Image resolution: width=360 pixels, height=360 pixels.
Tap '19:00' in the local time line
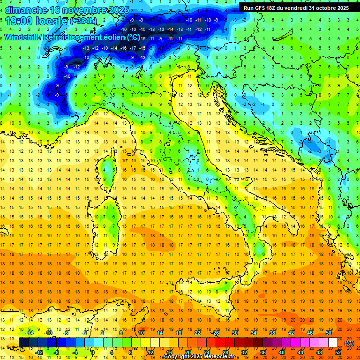[19, 21]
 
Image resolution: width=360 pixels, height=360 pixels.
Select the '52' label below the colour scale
[337, 352]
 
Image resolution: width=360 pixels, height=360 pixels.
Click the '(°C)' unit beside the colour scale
[349, 343]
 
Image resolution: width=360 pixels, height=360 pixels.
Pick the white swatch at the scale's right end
[333, 343]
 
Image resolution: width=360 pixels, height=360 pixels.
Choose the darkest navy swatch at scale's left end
[23, 343]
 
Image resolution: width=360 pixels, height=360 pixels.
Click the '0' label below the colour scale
[92, 352]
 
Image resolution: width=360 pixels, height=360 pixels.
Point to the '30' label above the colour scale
[234, 332]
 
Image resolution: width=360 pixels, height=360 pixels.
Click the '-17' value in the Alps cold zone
[133, 48]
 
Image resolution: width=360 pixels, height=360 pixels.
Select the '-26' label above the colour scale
[216, 332]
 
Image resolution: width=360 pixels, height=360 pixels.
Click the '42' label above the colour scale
[291, 332]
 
